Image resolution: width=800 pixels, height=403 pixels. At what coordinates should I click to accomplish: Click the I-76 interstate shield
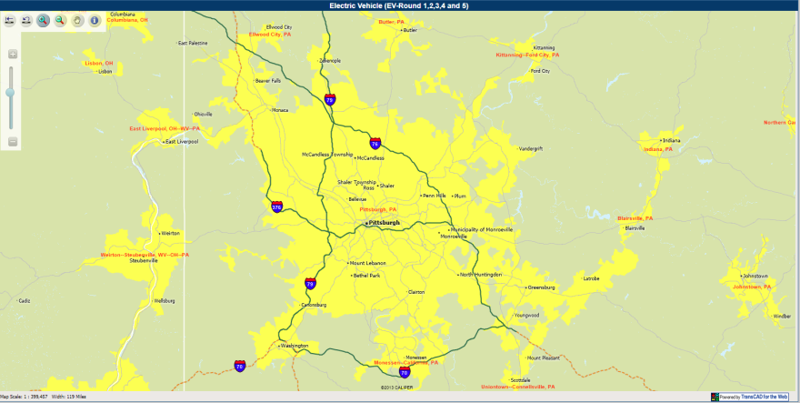click(375, 143)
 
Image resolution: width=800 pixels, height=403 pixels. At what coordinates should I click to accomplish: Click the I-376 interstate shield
click(276, 207)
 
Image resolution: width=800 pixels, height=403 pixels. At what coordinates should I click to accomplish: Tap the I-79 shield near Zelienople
click(329, 100)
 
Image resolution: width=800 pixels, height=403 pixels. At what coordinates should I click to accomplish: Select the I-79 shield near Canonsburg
click(311, 283)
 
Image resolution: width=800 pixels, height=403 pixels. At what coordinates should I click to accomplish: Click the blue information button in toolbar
click(94, 20)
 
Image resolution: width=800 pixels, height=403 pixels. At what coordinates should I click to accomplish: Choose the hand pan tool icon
click(76, 20)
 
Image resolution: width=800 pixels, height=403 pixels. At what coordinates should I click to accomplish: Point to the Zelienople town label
click(330, 61)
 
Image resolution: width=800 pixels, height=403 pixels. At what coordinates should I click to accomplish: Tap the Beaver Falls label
click(268, 81)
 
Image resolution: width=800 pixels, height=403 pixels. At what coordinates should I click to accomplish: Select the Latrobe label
click(591, 277)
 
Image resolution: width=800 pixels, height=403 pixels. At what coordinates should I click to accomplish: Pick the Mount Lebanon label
click(368, 263)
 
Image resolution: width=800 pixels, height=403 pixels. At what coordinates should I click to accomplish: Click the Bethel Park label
click(367, 275)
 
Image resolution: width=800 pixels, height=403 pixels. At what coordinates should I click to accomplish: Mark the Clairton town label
click(416, 292)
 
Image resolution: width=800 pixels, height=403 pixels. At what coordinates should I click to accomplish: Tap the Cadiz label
click(25, 300)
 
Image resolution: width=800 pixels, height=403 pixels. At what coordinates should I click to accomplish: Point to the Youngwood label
click(526, 315)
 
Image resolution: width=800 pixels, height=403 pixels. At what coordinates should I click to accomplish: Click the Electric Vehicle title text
click(399, 5)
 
